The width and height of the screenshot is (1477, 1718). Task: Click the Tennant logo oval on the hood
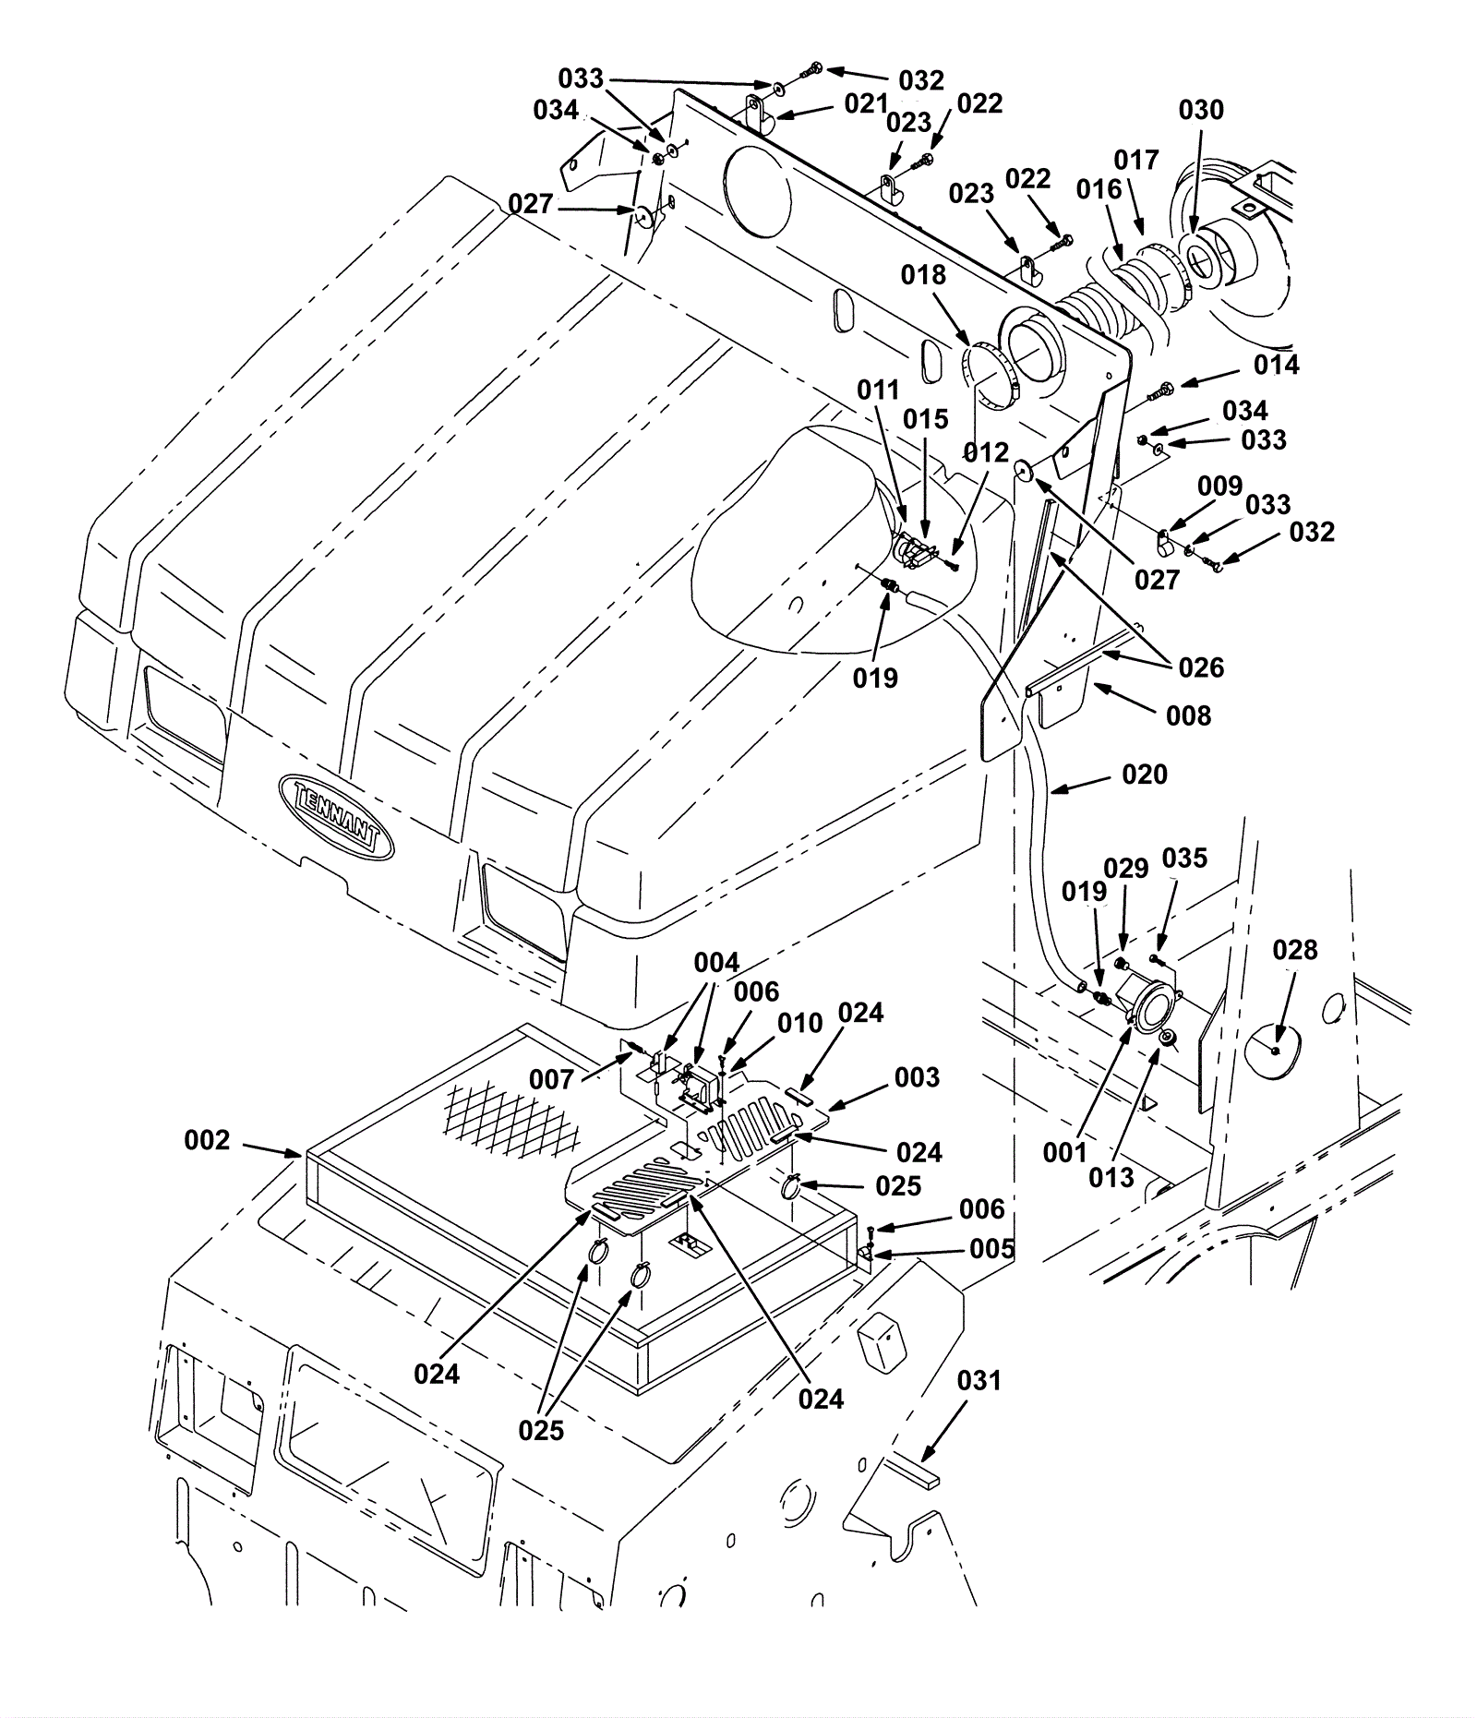pyautogui.click(x=336, y=816)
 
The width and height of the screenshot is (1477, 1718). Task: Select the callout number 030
pyautogui.click(x=1201, y=110)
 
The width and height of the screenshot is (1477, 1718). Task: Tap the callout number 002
pyautogui.click(x=207, y=1140)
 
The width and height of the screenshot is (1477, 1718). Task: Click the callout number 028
pyautogui.click(x=1295, y=949)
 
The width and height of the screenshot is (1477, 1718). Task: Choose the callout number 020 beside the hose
pyautogui.click(x=1145, y=774)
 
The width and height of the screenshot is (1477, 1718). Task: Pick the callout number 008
pyautogui.click(x=1188, y=715)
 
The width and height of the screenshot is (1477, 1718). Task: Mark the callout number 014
pyautogui.click(x=1276, y=365)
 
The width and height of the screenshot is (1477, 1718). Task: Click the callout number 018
pyautogui.click(x=924, y=274)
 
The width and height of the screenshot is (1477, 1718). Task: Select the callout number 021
pyautogui.click(x=866, y=103)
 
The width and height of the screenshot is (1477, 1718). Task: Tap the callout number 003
pyautogui.click(x=917, y=1077)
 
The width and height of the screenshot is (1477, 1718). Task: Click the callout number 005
pyautogui.click(x=991, y=1249)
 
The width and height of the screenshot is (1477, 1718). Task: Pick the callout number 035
pyautogui.click(x=1184, y=858)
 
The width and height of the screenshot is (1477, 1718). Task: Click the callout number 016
pyautogui.click(x=1099, y=189)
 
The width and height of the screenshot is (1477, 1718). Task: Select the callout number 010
pyautogui.click(x=799, y=1023)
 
